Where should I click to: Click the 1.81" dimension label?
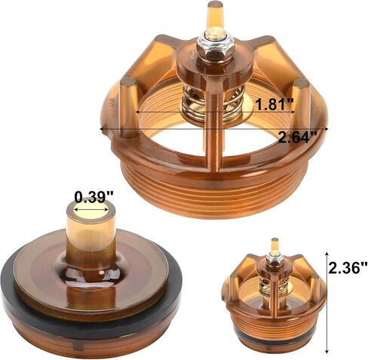click(x=274, y=103)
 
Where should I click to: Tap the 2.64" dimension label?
click(x=297, y=137)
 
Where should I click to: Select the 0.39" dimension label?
click(x=94, y=197)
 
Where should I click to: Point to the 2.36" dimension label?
click(x=348, y=267)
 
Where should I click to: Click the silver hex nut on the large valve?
click(x=213, y=47)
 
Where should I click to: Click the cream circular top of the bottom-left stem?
click(x=90, y=211)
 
